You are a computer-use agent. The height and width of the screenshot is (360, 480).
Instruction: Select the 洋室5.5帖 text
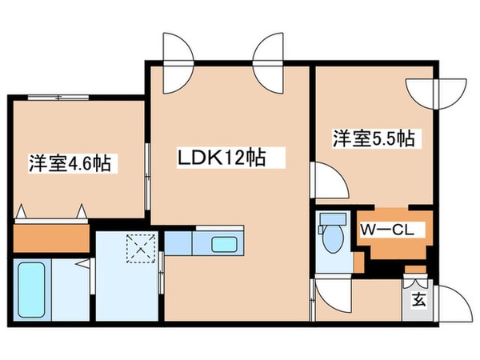(373, 138)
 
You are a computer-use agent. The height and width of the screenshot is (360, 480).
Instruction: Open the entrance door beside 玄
(448, 306)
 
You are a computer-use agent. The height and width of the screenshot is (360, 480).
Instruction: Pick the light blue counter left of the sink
(180, 242)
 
